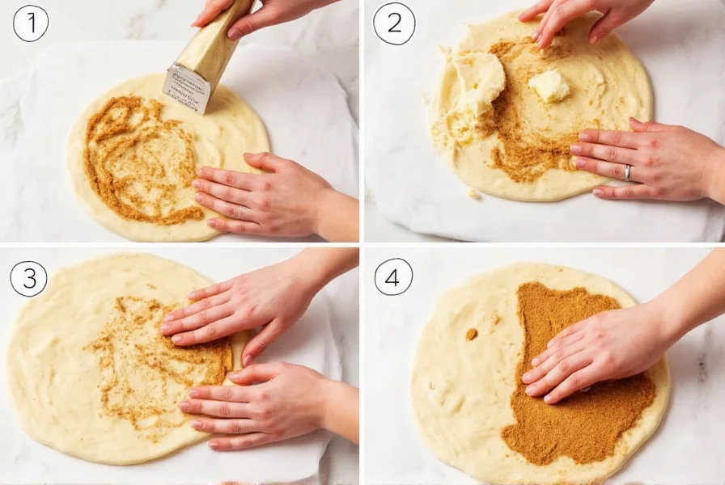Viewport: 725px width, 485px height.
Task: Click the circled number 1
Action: point(31,23)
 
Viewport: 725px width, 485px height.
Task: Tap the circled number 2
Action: point(394,23)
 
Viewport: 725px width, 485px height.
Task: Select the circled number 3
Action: point(28,279)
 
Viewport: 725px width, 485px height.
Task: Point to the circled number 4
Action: point(393,276)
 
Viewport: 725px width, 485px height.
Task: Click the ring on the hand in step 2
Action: point(628,171)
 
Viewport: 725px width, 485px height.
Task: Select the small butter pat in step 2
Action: point(549,86)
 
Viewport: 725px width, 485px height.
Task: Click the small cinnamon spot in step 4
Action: point(471,334)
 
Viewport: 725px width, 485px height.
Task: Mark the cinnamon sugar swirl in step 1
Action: point(138,162)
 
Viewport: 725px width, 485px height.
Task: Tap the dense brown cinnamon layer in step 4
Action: point(566,420)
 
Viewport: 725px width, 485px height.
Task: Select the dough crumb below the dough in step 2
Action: point(475,194)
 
